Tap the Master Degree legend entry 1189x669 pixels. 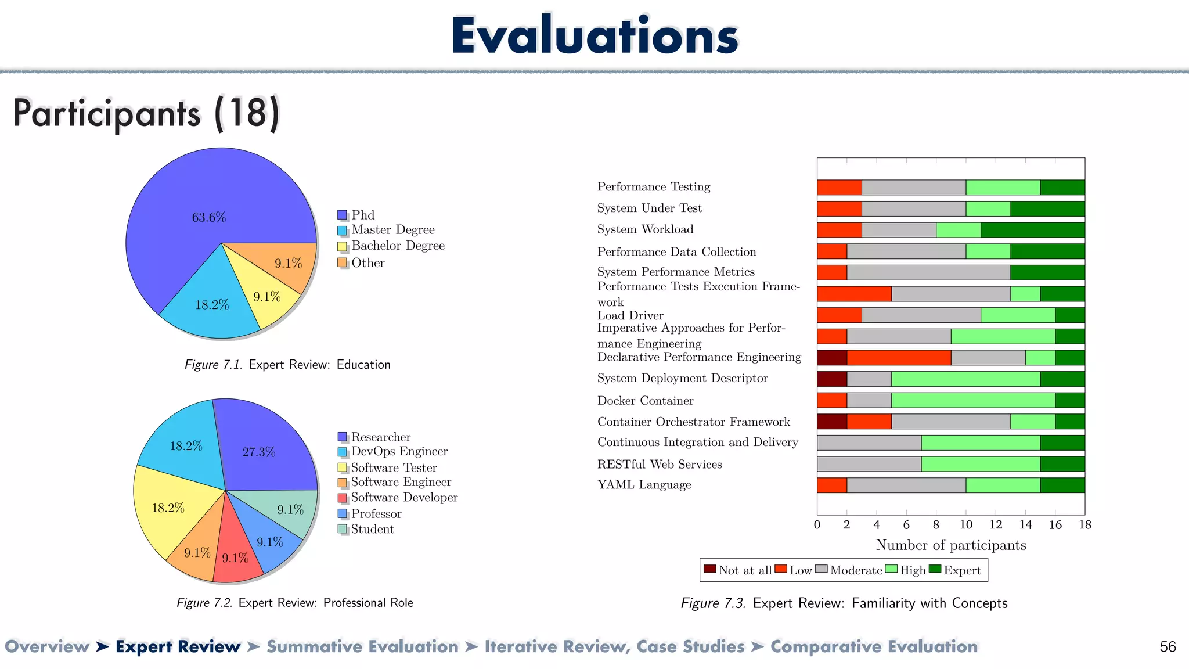point(392,230)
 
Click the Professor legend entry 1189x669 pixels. point(376,514)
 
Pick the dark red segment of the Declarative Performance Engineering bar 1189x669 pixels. point(831,358)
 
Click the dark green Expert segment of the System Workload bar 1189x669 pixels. point(1032,230)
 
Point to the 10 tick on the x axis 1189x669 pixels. point(965,525)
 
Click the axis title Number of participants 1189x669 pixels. point(950,545)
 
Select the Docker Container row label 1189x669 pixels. point(645,401)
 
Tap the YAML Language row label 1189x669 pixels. point(644,485)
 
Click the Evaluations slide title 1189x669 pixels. point(594,36)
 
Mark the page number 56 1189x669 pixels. point(1168,647)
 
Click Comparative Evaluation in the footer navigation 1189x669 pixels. point(874,646)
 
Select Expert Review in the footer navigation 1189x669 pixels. point(178,646)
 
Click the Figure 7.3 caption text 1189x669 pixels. point(844,603)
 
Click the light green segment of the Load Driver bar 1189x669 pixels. point(1017,315)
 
